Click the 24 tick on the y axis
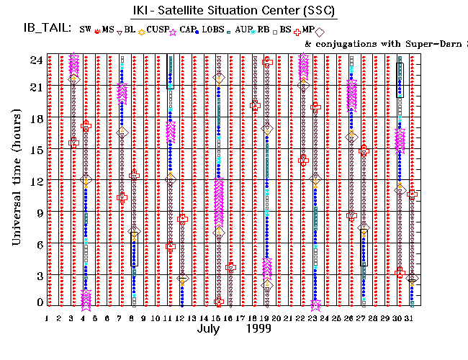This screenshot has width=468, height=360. pyautogui.click(x=34, y=60)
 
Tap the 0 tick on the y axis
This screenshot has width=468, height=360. pyautogui.click(x=37, y=302)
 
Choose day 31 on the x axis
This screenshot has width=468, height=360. pyautogui.click(x=411, y=318)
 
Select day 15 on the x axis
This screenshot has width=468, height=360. pyautogui.click(x=217, y=318)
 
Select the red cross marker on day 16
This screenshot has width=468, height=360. pyautogui.click(x=230, y=267)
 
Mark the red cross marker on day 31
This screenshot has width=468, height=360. pyautogui.click(x=412, y=194)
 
